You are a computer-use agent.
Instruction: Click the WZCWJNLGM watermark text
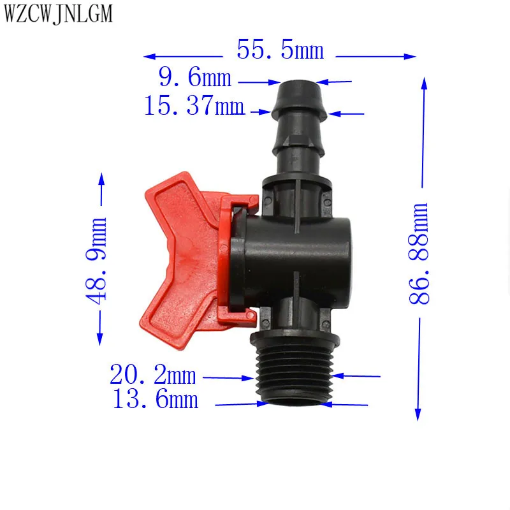point(58,14)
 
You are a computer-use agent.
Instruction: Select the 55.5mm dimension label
point(280,50)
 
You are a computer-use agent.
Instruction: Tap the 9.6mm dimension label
point(195,77)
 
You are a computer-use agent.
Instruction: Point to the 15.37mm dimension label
point(194,105)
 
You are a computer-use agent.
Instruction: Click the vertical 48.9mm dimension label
point(96,261)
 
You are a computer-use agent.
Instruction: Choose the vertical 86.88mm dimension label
point(418,253)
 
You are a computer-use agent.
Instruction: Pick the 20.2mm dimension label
point(152,374)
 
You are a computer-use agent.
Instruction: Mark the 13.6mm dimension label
point(155,399)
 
